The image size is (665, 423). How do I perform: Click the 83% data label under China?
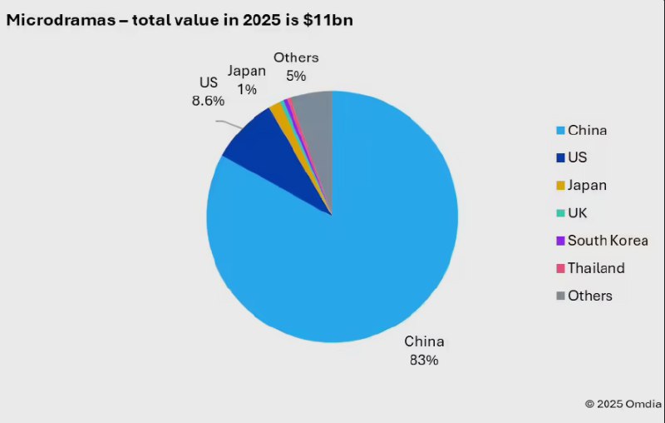click(x=424, y=361)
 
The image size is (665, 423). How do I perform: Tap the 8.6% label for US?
click(x=207, y=99)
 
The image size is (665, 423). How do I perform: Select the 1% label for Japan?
click(x=246, y=87)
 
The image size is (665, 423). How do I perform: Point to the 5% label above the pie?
click(x=296, y=76)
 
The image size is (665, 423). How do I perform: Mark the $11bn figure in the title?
click(x=330, y=21)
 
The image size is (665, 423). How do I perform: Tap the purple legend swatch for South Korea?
click(x=560, y=241)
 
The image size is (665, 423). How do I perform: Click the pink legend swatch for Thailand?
click(x=560, y=269)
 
